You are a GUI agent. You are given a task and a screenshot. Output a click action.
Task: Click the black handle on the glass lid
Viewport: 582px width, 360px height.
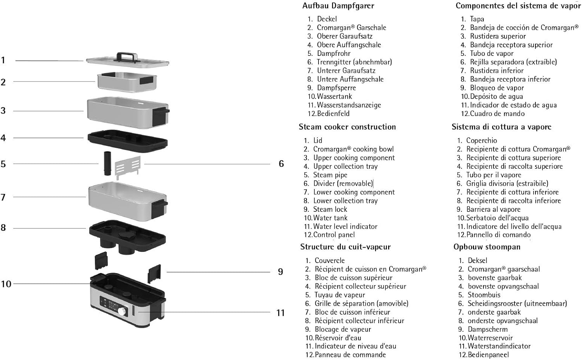127,57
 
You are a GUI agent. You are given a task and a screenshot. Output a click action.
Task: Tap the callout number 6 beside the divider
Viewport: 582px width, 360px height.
281,164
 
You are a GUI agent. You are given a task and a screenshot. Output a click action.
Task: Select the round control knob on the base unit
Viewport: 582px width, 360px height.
122,311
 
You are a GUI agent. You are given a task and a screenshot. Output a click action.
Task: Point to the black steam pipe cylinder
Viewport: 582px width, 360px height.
107,163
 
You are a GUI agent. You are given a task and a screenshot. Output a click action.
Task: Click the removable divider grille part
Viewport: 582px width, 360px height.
128,168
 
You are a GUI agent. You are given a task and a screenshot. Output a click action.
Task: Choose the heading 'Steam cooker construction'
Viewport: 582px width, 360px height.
347,127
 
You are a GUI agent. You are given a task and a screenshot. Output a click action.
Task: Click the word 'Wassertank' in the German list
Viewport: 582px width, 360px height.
334,96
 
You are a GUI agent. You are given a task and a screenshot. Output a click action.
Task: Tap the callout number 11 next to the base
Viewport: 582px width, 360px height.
281,313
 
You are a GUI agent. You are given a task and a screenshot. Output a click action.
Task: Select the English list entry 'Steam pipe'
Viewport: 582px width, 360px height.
330,175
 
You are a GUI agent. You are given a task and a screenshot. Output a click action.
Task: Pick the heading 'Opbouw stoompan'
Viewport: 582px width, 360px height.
487,247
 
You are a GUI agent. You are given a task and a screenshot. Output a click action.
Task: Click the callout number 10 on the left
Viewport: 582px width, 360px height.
6,284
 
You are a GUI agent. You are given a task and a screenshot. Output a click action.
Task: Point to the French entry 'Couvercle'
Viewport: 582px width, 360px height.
330,260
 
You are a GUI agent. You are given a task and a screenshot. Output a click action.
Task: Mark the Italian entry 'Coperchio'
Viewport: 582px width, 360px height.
482,140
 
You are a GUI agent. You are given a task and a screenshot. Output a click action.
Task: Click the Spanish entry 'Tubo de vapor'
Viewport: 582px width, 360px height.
492,54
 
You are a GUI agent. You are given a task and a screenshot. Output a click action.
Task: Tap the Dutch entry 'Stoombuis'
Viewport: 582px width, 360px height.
484,295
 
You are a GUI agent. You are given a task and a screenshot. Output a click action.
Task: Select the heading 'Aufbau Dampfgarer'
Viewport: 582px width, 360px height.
338,6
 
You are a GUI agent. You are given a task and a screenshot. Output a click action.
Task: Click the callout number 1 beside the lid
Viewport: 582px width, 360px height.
3,60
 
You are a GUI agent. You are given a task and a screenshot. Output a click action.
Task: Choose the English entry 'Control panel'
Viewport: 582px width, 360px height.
334,235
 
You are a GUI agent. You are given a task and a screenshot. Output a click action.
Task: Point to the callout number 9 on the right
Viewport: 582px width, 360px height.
281,272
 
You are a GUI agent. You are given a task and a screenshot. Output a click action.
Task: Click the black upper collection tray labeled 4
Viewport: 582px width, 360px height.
128,141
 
